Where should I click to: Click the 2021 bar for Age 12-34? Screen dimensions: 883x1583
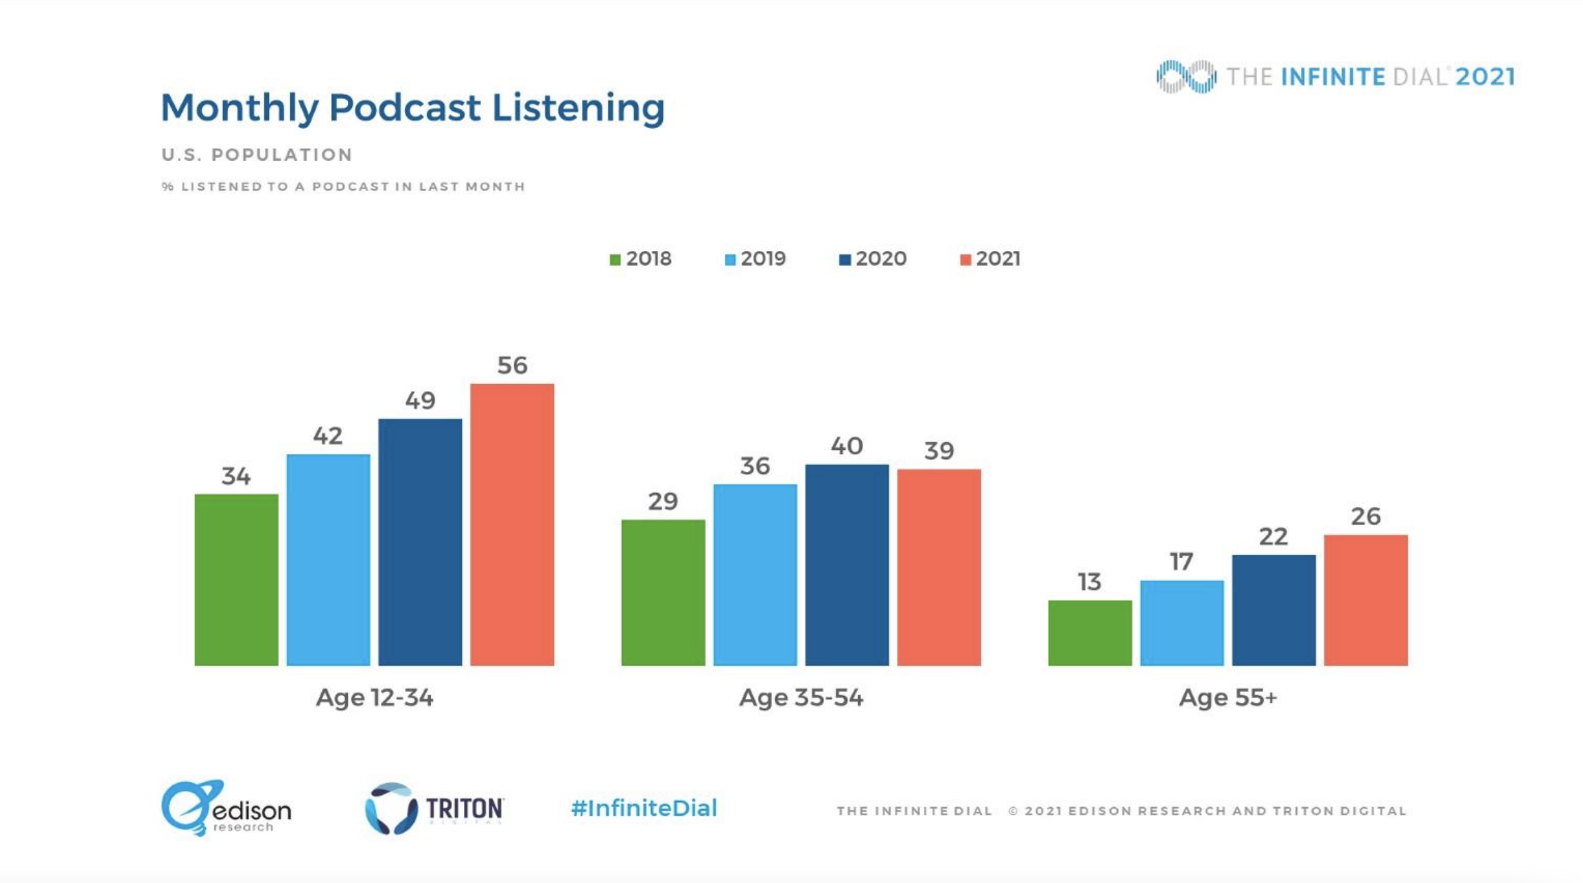[512, 524]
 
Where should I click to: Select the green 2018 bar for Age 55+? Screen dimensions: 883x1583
[1090, 633]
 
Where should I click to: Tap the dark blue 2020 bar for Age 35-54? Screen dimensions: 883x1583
[846, 565]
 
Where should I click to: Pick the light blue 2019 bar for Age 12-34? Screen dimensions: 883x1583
[328, 560]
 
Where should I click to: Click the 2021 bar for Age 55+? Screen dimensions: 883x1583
[1365, 600]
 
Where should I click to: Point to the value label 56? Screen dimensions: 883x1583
[512, 366]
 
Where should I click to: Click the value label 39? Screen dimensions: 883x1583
[938, 451]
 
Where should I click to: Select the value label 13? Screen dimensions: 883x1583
[1090, 582]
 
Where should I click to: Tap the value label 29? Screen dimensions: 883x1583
[663, 501]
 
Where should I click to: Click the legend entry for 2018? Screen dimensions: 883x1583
[640, 259]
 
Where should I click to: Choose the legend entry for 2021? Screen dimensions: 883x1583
[990, 259]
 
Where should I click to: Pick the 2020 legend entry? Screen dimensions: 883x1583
[872, 259]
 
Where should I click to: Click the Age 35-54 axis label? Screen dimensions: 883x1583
[801, 697]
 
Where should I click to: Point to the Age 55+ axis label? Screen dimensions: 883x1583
[1227, 697]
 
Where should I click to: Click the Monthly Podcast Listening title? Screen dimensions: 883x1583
[413, 108]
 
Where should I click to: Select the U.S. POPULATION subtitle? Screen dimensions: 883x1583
[257, 155]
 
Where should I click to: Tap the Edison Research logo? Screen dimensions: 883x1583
[226, 808]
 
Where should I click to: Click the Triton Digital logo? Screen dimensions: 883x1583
[434, 808]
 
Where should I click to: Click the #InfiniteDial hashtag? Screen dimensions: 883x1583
[644, 808]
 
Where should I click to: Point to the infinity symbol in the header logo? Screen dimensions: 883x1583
[1186, 77]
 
